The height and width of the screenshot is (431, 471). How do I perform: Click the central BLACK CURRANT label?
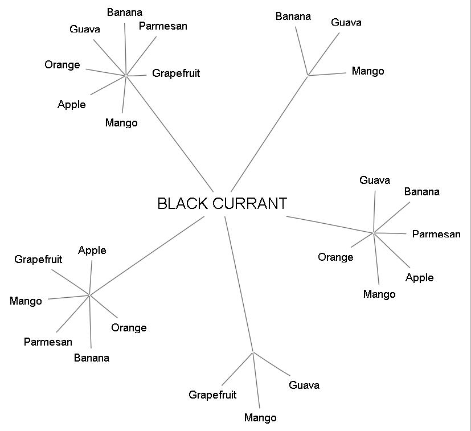coord(222,203)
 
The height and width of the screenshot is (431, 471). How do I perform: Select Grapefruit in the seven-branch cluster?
coord(175,73)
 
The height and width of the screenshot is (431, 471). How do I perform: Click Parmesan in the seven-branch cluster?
coord(163,26)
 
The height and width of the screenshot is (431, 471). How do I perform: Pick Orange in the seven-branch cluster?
coord(62,65)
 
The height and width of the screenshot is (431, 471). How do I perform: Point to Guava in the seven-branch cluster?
coord(85,29)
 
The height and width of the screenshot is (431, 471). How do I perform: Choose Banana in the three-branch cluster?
coord(293,16)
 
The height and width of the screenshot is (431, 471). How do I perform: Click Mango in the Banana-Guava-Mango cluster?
coord(367,71)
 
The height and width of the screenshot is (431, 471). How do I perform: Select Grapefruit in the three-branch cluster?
coord(212,395)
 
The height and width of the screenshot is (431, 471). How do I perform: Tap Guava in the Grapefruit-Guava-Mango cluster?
coord(304,385)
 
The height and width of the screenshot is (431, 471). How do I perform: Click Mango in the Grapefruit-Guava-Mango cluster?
coord(260,418)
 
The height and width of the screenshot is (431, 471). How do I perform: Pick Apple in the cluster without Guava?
coord(92,251)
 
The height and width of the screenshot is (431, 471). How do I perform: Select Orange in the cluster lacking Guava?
coord(129,328)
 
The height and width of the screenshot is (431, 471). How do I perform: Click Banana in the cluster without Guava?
coord(91,358)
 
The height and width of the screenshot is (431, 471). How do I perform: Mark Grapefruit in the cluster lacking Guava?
coord(38,260)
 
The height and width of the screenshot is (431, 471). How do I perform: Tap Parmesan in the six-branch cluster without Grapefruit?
coord(436,234)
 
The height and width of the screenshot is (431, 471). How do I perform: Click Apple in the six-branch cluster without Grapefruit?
coord(419,278)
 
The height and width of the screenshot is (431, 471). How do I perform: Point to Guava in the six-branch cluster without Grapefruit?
coord(375,180)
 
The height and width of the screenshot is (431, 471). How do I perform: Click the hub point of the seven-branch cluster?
coord(125,75)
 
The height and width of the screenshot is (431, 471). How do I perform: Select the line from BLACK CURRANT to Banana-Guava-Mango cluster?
coord(269,126)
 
